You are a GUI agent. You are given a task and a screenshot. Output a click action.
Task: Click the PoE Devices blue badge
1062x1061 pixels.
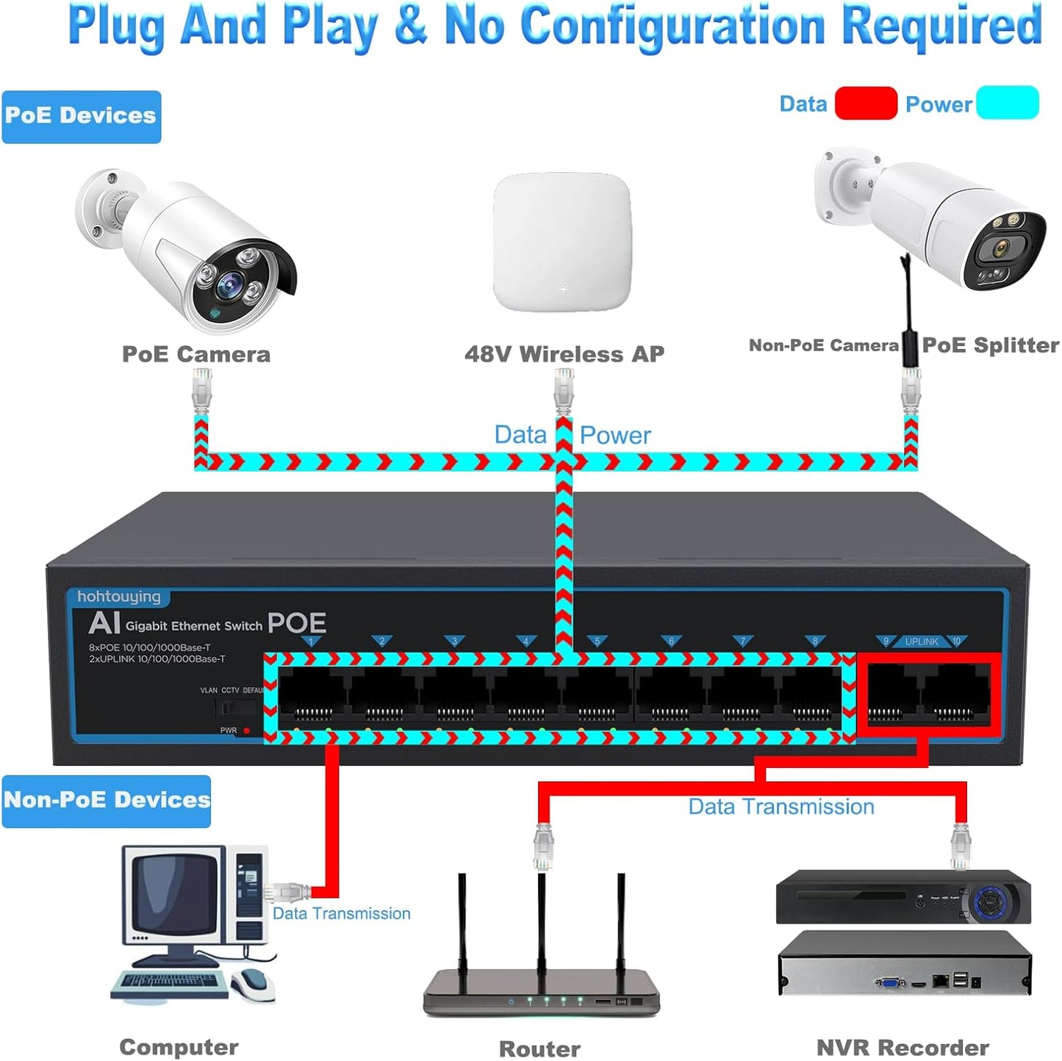pyautogui.click(x=81, y=116)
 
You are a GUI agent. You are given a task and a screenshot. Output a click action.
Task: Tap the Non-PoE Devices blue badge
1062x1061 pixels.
pyautogui.click(x=107, y=800)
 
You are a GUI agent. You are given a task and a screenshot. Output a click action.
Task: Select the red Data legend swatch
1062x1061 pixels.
pyautogui.click(x=865, y=103)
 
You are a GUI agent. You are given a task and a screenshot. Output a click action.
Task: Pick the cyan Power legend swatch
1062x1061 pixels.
pyautogui.click(x=1007, y=103)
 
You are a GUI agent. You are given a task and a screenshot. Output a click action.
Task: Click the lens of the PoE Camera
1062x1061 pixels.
pyautogui.click(x=230, y=281)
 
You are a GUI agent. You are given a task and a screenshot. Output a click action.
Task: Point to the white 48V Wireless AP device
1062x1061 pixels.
pyautogui.click(x=562, y=242)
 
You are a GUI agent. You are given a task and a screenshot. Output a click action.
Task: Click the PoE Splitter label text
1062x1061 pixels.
pyautogui.click(x=990, y=345)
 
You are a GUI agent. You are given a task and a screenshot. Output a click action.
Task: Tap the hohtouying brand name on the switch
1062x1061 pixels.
pyautogui.click(x=118, y=597)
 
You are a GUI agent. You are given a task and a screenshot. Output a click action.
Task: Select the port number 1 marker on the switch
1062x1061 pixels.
pyautogui.click(x=311, y=641)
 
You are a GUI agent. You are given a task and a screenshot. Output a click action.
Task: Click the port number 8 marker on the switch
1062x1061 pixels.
pyautogui.click(x=814, y=641)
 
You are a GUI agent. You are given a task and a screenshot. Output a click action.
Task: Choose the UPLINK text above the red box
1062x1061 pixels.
pyautogui.click(x=922, y=641)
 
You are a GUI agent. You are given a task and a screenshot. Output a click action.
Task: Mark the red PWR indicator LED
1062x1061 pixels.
pyautogui.click(x=246, y=730)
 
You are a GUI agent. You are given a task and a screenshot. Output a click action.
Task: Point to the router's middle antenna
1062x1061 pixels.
pyautogui.click(x=542, y=918)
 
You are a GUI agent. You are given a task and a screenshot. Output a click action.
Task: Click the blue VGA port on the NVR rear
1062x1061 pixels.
pyautogui.click(x=890, y=982)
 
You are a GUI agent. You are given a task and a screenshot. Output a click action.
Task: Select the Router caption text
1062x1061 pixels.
pyautogui.click(x=539, y=1049)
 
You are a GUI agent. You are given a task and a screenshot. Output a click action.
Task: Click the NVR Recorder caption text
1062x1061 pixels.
pyautogui.click(x=903, y=1047)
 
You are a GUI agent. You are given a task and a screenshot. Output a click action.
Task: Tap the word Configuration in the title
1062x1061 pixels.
pyautogui.click(x=672, y=26)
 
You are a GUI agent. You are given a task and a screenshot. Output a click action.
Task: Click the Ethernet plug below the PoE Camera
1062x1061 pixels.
pyautogui.click(x=201, y=389)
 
